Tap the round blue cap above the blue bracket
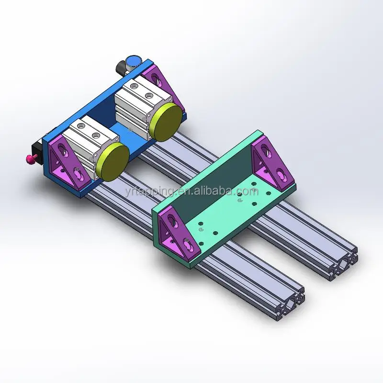point(133,61)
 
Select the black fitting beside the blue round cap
point(122,70)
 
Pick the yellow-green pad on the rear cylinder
point(164,123)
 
